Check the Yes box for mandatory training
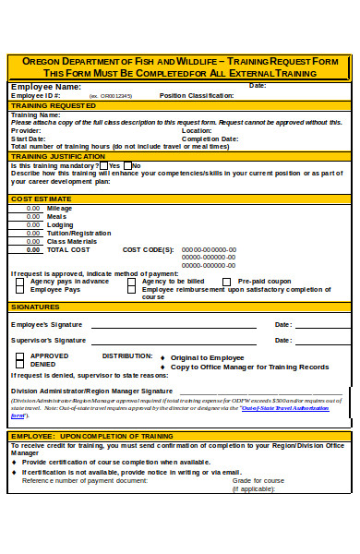103,166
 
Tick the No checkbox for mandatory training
127,166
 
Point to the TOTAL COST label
68,250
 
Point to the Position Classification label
197,95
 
